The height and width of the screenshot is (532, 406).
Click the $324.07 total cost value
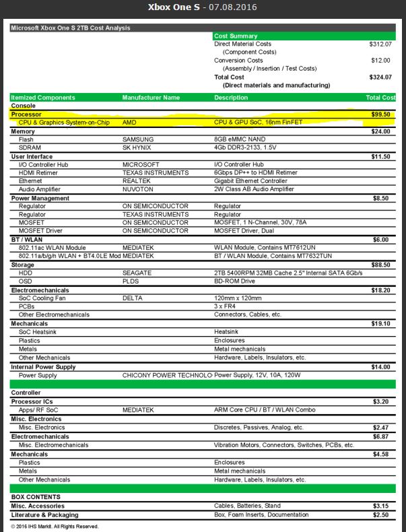tap(380, 77)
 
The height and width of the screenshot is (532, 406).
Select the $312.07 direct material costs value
tap(380, 44)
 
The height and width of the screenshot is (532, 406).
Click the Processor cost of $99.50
tap(381, 114)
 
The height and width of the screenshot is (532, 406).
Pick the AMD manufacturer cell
tap(129, 123)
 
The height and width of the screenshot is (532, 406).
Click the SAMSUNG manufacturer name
tap(137, 139)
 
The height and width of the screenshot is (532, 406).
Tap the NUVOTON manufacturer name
tap(137, 189)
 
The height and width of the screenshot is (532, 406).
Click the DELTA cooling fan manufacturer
tap(132, 298)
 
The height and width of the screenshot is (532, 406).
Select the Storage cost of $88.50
tap(381, 265)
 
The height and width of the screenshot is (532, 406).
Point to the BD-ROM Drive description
tap(236, 281)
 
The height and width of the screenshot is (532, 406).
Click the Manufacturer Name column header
tap(151, 98)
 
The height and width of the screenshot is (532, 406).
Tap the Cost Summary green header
tap(236, 36)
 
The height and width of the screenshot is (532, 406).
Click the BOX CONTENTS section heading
tap(36, 497)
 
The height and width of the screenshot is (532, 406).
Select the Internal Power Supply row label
tap(43, 367)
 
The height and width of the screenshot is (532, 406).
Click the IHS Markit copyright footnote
tap(55, 526)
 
